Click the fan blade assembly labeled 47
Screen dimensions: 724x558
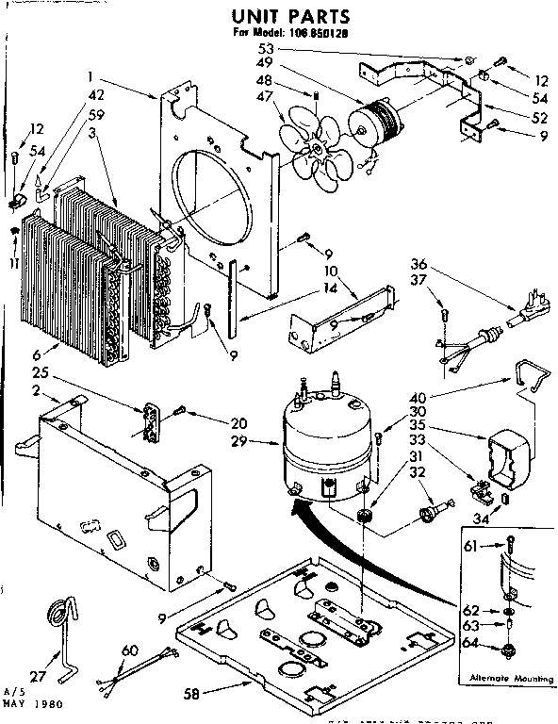pyautogui.click(x=316, y=147)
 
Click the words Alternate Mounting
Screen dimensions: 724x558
pyautogui.click(x=505, y=678)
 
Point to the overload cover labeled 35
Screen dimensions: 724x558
pyautogui.click(x=506, y=454)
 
